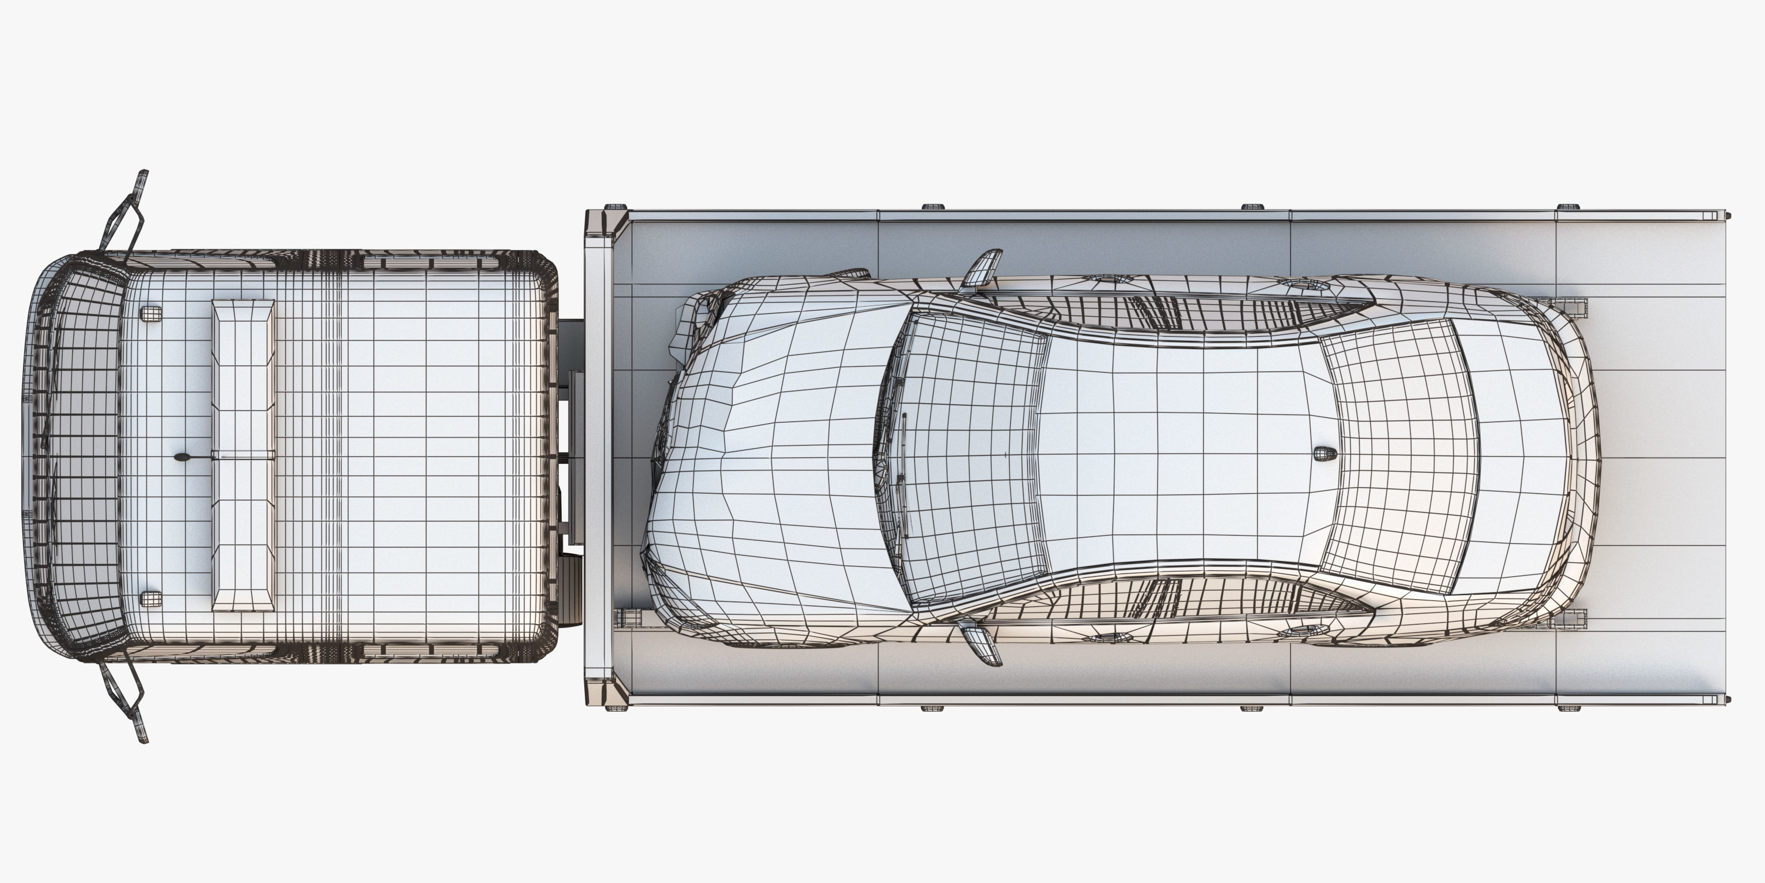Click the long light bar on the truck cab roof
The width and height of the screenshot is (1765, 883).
click(243, 454)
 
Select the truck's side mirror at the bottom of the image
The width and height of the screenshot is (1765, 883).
click(126, 703)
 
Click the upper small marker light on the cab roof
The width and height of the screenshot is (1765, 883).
click(151, 313)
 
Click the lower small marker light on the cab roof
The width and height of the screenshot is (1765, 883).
click(151, 599)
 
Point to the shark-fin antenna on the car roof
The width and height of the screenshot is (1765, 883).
click(1324, 453)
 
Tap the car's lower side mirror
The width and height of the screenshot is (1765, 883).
click(981, 643)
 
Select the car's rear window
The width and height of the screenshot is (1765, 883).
click(1398, 456)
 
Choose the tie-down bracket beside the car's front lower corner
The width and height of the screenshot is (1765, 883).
click(627, 617)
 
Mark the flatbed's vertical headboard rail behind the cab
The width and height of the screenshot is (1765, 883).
click(599, 456)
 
